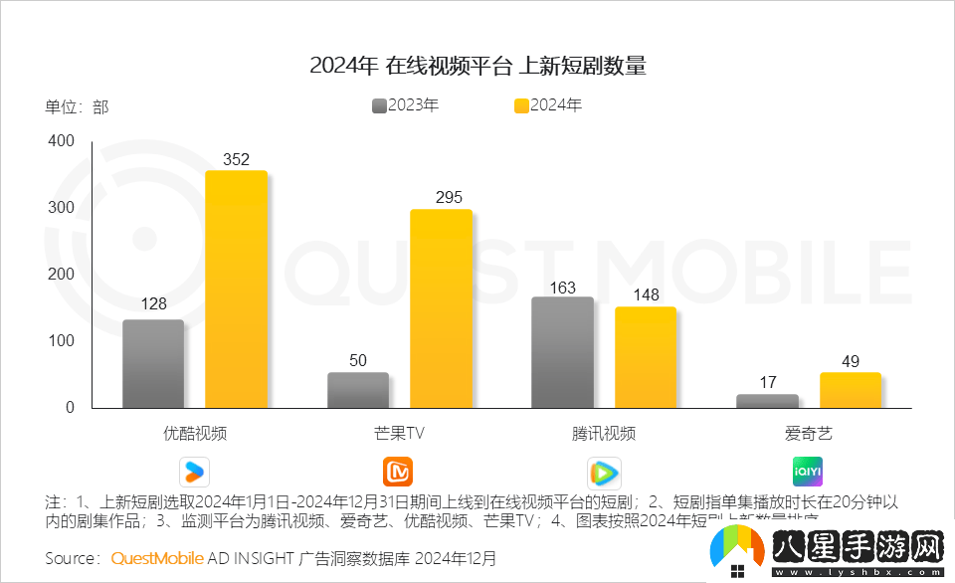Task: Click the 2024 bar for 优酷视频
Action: pyautogui.click(x=236, y=289)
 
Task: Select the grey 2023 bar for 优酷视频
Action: pyautogui.click(x=153, y=363)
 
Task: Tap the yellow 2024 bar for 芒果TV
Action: pyautogui.click(x=441, y=308)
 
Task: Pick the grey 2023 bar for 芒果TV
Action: pyautogui.click(x=358, y=390)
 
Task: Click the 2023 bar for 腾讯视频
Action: pyautogui.click(x=563, y=352)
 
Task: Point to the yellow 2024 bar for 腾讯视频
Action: pyautogui.click(x=646, y=357)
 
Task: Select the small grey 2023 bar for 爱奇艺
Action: pyautogui.click(x=767, y=401)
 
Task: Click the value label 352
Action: pyautogui.click(x=236, y=159)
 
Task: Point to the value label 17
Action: pyautogui.click(x=767, y=382)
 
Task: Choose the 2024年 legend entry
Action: pyautogui.click(x=547, y=104)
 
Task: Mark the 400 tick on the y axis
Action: pyautogui.click(x=62, y=142)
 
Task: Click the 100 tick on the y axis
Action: pyautogui.click(x=62, y=341)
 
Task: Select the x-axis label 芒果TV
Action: pyautogui.click(x=399, y=433)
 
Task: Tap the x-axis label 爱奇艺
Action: pyautogui.click(x=808, y=433)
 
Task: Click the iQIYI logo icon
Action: pyautogui.click(x=808, y=471)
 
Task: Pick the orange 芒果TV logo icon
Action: pyautogui.click(x=398, y=471)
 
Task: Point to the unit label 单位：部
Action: pyautogui.click(x=77, y=106)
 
